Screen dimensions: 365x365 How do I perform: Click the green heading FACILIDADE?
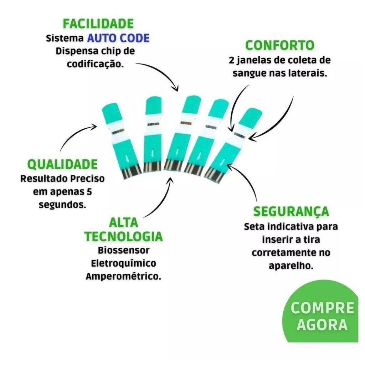pos(98,24)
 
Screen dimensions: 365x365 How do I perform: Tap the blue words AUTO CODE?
pos(118,38)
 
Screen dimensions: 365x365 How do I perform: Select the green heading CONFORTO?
pos(280,45)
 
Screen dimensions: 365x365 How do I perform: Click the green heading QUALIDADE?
pos(63,164)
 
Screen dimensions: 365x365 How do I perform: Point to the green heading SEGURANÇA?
pos(291,211)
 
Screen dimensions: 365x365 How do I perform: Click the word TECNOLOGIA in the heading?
pos(123,236)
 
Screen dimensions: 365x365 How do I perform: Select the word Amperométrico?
pos(123,276)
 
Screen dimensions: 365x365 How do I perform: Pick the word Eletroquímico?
pos(124,263)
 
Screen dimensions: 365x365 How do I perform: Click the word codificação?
pos(95,65)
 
